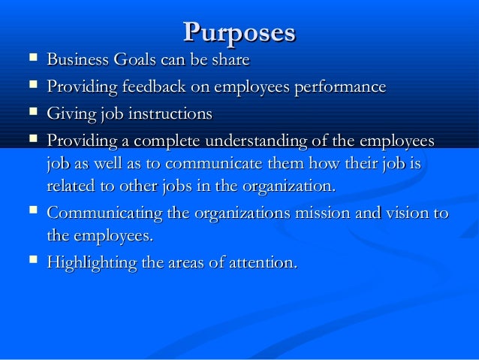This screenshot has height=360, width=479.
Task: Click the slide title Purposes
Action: (x=239, y=32)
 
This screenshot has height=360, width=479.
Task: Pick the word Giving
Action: (x=70, y=114)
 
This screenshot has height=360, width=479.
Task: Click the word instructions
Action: (x=167, y=114)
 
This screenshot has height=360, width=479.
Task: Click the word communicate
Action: (x=203, y=164)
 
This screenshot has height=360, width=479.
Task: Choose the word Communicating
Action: (x=104, y=213)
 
